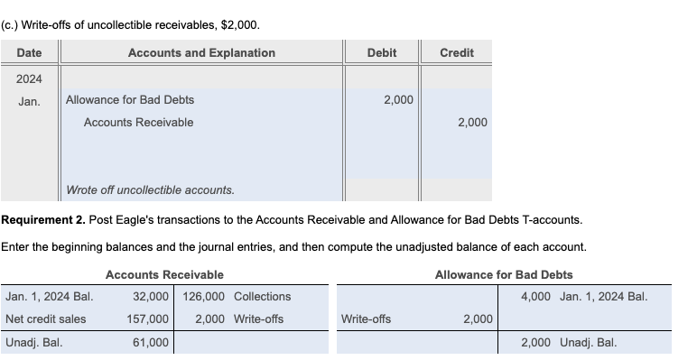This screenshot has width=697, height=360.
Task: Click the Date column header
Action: point(29,52)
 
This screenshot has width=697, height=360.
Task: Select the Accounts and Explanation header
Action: point(201,52)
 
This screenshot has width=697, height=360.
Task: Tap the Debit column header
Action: point(381,52)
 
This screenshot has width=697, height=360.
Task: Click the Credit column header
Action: point(456,52)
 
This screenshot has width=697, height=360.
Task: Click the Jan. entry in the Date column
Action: point(29,100)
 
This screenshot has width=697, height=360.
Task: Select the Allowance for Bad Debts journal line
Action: point(130,99)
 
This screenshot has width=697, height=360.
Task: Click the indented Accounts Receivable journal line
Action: point(138,122)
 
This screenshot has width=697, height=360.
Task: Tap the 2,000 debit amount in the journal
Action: point(398,99)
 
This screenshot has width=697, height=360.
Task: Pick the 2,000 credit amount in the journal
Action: point(472,122)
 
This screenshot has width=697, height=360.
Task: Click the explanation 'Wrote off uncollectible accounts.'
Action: point(150,189)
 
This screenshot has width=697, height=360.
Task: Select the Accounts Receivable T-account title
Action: point(164,274)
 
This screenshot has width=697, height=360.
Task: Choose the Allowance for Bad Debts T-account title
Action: point(504,274)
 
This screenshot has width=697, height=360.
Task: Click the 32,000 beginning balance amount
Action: point(150,296)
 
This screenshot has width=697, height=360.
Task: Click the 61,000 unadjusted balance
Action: point(150,343)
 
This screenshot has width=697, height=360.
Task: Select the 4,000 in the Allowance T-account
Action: point(536,296)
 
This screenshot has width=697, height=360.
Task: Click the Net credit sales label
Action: point(46,318)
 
